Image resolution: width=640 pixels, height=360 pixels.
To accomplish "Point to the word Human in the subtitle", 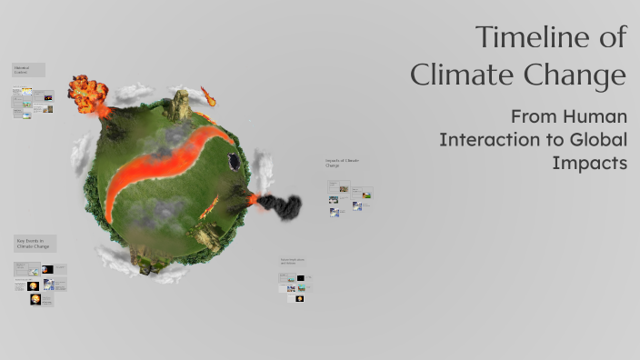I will click(x=595, y=117).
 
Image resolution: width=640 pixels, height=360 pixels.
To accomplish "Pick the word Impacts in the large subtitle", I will click(x=590, y=163).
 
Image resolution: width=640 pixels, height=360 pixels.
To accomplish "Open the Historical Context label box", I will click(x=28, y=70).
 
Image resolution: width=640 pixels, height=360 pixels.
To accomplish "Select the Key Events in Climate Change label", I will click(x=35, y=244).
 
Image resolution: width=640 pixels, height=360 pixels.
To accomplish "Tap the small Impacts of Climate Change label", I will click(x=343, y=163).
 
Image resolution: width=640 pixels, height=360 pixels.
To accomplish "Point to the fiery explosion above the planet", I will click(x=89, y=92).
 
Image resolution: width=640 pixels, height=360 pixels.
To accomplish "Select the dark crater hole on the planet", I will click(x=235, y=162).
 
